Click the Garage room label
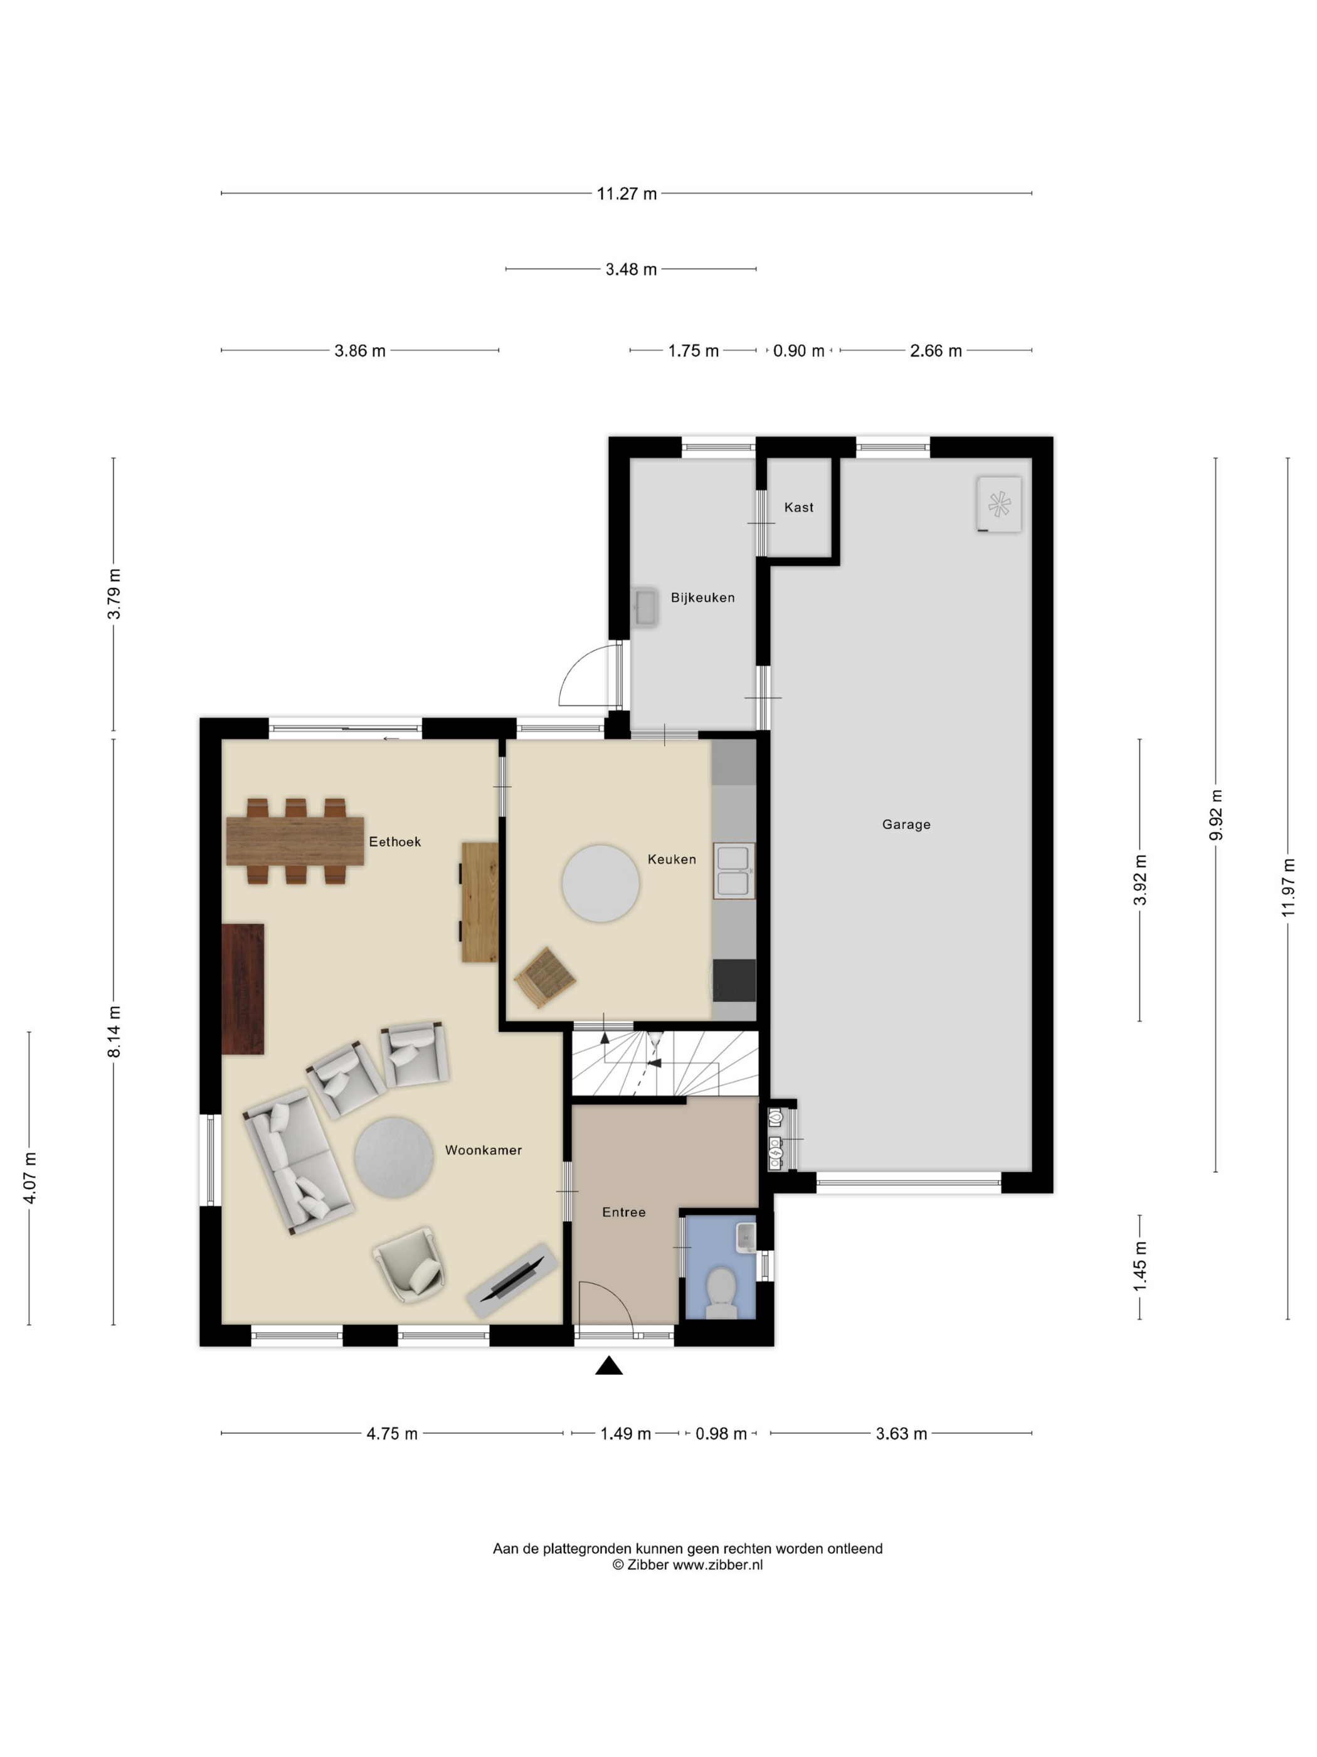(906, 825)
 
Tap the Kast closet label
(798, 508)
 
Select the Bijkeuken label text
(702, 597)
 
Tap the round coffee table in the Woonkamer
(394, 1156)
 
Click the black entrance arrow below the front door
(609, 1365)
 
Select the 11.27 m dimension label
(627, 194)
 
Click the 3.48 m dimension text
(631, 269)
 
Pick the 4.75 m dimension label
(391, 1434)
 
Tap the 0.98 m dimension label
(721, 1434)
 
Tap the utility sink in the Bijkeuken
(645, 609)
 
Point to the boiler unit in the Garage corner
(998, 505)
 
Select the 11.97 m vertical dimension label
(1288, 887)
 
